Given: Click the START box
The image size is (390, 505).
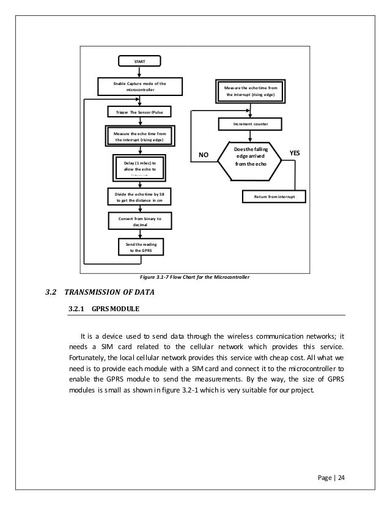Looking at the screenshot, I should tap(140, 61).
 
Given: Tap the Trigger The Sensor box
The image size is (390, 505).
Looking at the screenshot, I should tap(140, 112).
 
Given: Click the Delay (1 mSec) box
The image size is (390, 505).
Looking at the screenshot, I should tap(140, 166).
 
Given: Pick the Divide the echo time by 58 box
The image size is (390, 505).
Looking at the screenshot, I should tap(140, 196).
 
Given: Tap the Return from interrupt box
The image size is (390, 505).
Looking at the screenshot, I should tap(274, 197).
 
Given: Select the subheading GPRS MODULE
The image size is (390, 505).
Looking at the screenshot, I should tap(116, 309).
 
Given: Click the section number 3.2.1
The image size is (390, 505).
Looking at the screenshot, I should tap(76, 309).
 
